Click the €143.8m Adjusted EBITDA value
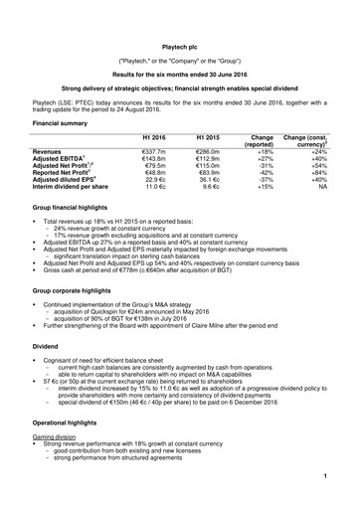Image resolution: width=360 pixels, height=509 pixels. [x=155, y=161]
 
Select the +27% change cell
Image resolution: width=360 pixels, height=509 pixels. [x=264, y=161]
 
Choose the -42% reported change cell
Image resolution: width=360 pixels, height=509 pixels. [x=264, y=177]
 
